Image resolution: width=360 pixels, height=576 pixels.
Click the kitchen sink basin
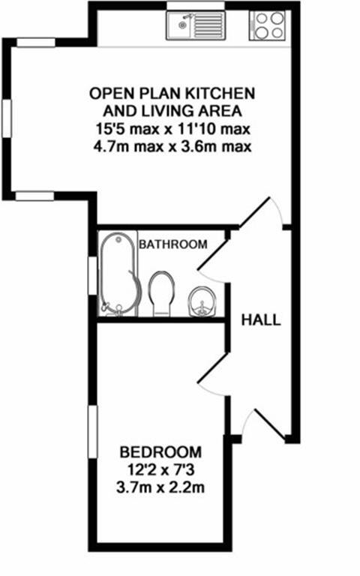point(180,27)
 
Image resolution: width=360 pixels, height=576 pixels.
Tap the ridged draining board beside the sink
point(205,27)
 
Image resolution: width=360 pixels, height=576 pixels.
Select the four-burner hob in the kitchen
point(268,25)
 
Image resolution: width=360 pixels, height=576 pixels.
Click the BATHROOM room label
point(172,244)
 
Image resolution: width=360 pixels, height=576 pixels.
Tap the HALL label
point(261,320)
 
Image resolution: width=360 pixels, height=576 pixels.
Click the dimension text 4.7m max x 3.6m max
point(172,145)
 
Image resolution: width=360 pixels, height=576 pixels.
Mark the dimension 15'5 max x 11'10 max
point(172,128)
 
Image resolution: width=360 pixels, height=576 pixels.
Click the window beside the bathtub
point(93,275)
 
